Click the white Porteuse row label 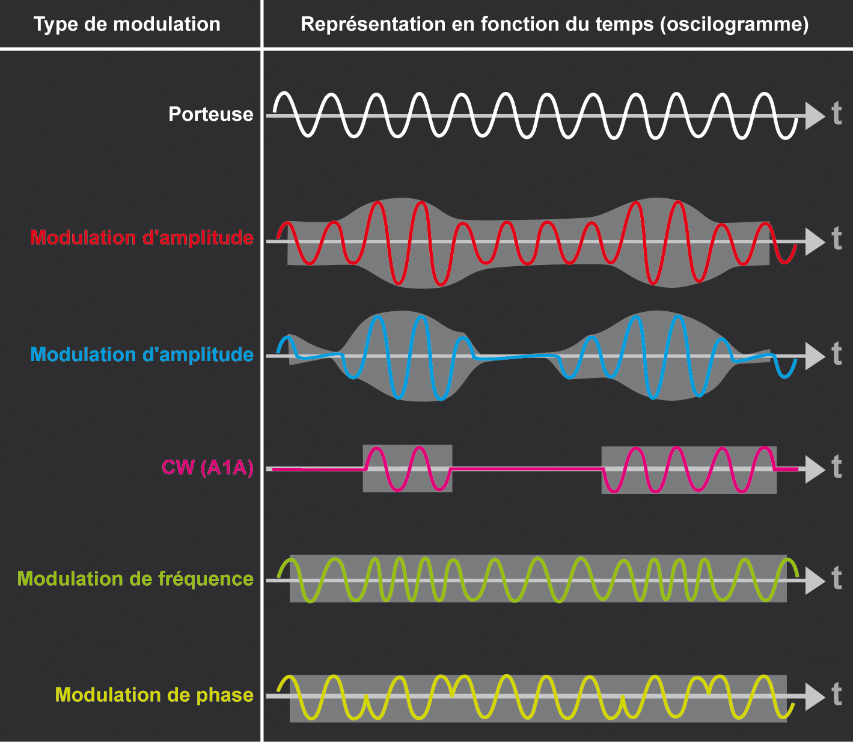point(210,114)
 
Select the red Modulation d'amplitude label point(142,238)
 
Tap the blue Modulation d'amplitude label point(142,354)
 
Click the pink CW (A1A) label point(207,467)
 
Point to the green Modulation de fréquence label point(135,579)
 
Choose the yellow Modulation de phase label point(154,695)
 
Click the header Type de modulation point(127,25)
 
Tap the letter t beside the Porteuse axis point(836,114)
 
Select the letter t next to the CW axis point(836,467)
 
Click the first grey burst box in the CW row point(408,469)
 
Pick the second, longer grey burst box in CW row point(689,470)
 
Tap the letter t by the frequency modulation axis point(836,579)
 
